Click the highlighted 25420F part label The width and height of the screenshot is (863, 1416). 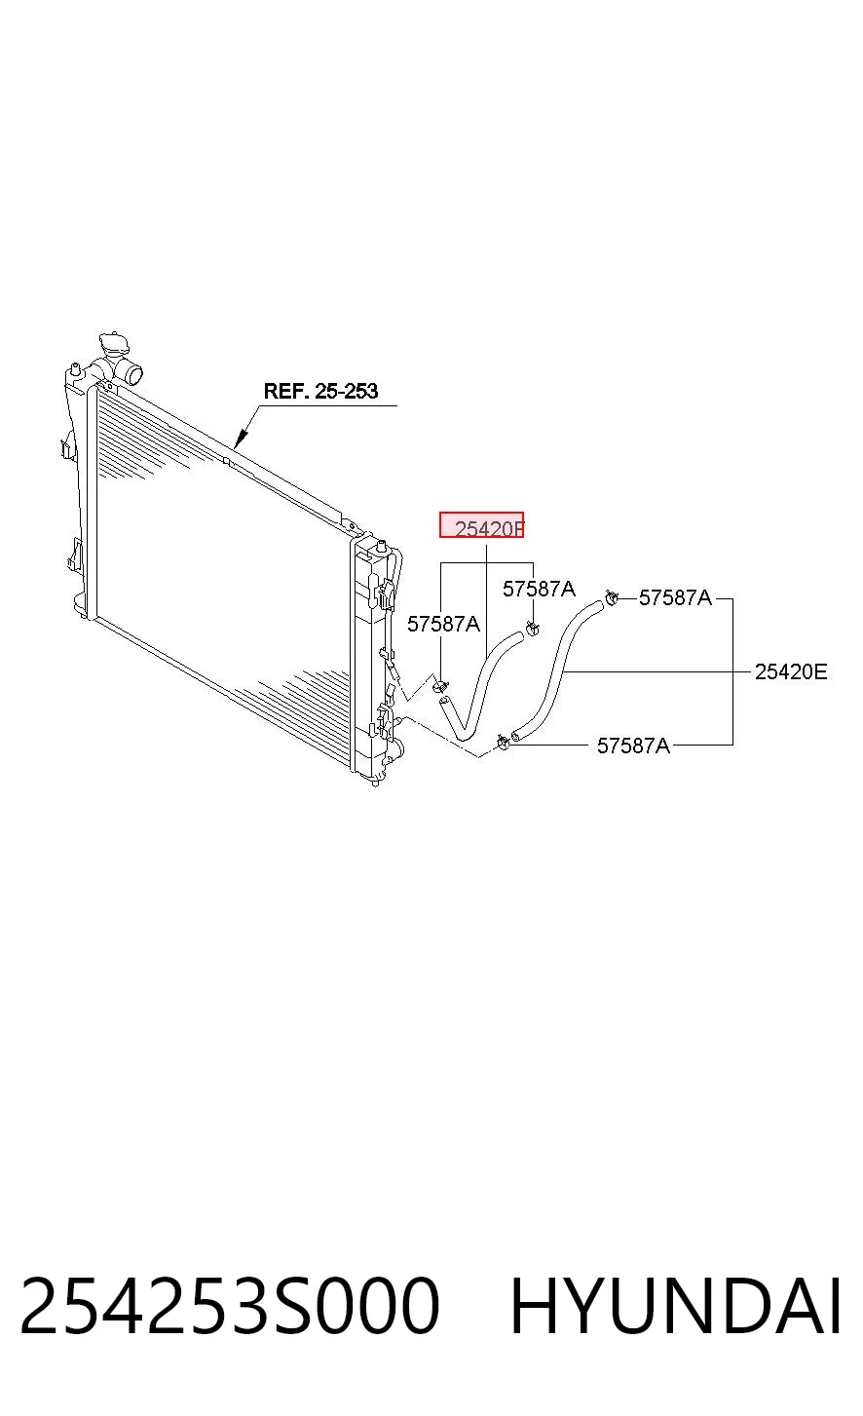(481, 524)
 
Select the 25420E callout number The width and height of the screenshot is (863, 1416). (791, 671)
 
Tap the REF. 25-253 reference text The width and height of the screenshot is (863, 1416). (320, 391)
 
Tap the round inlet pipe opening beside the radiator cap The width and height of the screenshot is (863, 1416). (134, 373)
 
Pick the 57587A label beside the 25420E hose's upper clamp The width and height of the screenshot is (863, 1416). (675, 597)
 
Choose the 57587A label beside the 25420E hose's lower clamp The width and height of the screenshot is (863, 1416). (634, 746)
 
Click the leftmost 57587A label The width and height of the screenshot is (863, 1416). (443, 624)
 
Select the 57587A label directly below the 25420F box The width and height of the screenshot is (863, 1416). (539, 590)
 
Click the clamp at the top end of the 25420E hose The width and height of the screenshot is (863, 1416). (611, 596)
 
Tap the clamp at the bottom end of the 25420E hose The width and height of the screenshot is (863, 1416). (504, 742)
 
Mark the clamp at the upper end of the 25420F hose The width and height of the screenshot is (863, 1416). (532, 629)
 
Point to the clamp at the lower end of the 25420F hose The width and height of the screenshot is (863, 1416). (440, 685)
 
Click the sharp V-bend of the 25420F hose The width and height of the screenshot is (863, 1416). (465, 735)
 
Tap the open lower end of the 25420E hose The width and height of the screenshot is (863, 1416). (515, 735)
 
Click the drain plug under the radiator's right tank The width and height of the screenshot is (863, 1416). (375, 783)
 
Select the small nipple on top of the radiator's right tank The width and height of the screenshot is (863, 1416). (381, 544)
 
